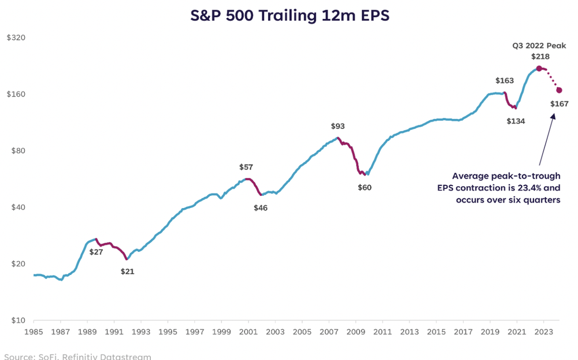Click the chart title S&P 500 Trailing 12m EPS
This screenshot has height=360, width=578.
coord(290,16)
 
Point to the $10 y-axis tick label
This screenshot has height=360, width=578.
coord(17,320)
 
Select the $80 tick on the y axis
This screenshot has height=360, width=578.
coord(17,151)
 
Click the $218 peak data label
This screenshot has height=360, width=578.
coord(540,57)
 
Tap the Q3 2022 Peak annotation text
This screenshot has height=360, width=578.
coord(540,45)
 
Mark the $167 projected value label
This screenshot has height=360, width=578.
coord(560,104)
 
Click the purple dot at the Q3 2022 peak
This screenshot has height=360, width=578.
coord(539,68)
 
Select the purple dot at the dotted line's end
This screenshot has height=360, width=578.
coord(559,90)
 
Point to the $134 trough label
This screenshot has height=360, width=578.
coord(516,121)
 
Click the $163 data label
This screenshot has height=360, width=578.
coord(505,81)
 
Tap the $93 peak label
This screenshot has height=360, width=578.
coord(338,126)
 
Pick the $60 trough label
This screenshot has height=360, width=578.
coord(365,188)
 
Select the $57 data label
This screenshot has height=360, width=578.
coord(246,167)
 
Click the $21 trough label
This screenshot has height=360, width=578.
coord(127,271)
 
